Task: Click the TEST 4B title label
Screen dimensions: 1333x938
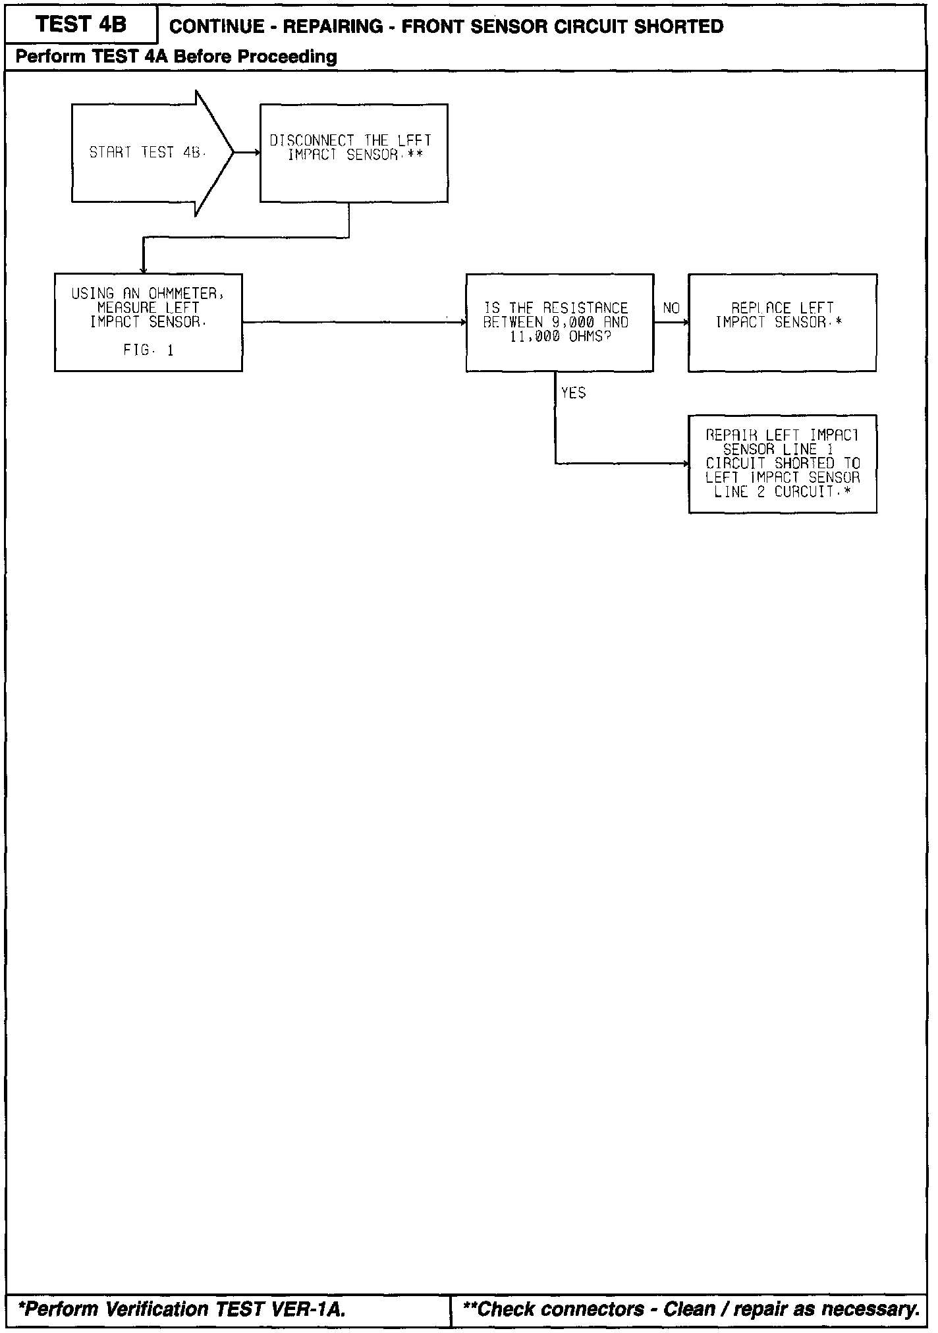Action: click(80, 25)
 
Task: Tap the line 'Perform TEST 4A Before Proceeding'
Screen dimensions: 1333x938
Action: click(176, 57)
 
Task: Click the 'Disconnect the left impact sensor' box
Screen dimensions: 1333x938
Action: click(354, 153)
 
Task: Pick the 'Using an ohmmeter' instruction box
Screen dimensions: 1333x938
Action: click(148, 322)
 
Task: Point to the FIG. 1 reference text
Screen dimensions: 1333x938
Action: click(148, 350)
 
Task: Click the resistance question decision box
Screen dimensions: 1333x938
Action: click(559, 322)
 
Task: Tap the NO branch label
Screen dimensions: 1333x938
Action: click(671, 308)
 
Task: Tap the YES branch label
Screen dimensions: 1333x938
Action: click(573, 393)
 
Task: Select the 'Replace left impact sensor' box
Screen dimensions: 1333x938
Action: click(782, 322)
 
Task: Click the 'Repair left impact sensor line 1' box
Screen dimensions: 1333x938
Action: click(782, 464)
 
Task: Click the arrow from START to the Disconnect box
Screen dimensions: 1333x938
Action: click(247, 153)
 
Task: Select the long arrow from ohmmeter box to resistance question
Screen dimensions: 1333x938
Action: click(354, 322)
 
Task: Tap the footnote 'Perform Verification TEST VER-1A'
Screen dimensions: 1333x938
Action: click(182, 1309)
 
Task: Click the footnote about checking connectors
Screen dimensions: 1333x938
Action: click(691, 1309)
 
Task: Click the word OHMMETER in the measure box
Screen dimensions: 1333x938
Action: click(186, 294)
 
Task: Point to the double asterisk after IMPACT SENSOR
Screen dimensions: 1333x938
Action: click(415, 155)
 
